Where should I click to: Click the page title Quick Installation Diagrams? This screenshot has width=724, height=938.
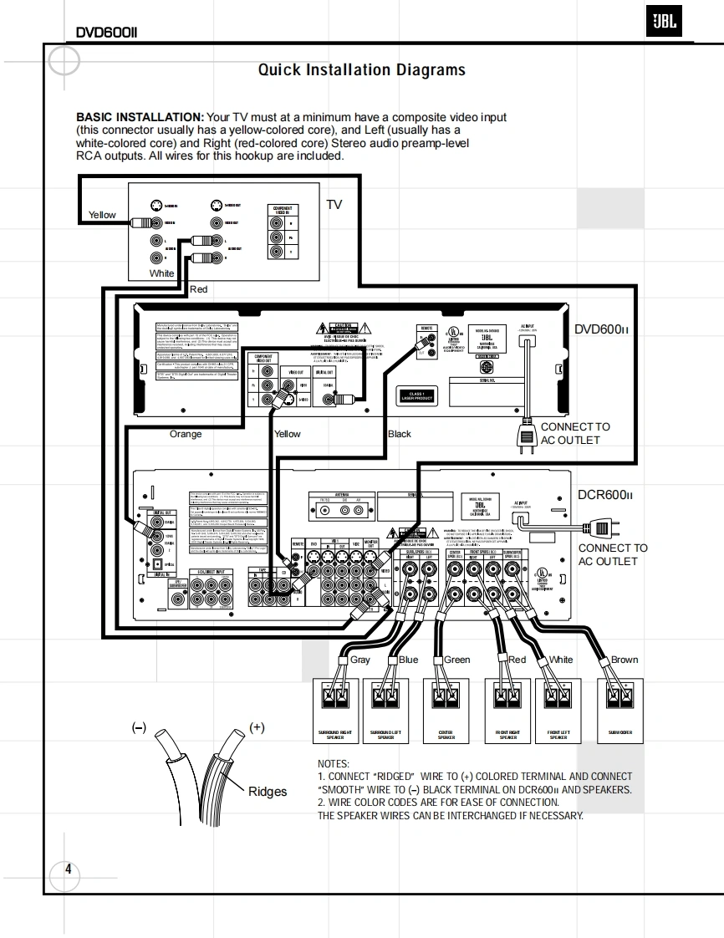361,70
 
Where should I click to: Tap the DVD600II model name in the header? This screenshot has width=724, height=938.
106,33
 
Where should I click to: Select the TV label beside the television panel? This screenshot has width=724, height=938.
334,205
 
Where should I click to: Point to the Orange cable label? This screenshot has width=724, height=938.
186,434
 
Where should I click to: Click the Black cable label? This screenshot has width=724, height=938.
400,434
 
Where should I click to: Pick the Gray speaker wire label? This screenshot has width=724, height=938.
360,660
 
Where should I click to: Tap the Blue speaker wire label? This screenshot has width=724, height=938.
409,660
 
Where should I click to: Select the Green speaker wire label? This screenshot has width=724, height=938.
457,660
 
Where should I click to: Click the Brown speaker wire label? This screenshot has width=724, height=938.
625,660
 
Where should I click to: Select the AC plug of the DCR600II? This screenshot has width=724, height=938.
599,528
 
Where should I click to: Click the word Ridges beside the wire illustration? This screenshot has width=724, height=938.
268,792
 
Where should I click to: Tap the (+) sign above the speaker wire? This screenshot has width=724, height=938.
257,727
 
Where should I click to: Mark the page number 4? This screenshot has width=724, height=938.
69,869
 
